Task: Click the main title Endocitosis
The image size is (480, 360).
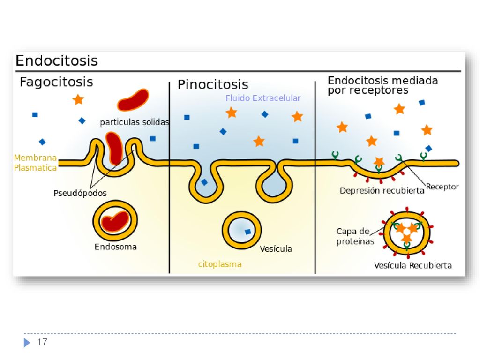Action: coord(57,60)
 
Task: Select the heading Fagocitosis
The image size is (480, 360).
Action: coord(56,82)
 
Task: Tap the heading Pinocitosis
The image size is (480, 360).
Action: coord(213,84)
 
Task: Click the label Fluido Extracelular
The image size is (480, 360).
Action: coord(263,98)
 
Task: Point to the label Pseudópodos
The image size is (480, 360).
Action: coord(80,193)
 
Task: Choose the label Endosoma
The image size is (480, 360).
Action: coord(115,247)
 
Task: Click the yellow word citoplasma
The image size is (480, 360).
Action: coord(220,264)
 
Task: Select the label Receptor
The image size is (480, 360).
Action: coord(442,187)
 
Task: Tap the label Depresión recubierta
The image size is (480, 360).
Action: coord(382,191)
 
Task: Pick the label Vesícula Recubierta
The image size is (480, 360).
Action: coord(412,265)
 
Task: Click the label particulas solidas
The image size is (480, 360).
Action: coord(135,122)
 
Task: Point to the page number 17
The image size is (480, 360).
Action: coord(42,342)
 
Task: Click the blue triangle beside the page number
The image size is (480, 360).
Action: coord(27,343)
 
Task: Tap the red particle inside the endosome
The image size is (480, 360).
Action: coord(115,221)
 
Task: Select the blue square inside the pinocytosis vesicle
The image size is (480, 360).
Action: coord(248,232)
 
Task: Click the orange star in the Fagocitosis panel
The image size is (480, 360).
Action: coord(78,100)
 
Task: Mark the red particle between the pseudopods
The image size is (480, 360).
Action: coord(114,148)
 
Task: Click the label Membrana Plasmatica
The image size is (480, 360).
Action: coord(35,163)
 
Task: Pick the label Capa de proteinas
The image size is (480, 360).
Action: coord(355,236)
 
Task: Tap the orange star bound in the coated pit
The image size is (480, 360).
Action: coord(379,162)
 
